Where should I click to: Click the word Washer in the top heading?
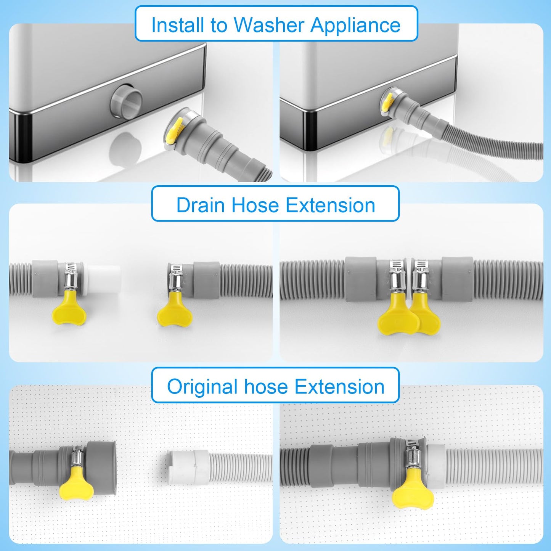click(268, 25)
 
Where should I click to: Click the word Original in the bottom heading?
click(202, 387)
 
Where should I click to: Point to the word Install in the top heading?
click(178, 25)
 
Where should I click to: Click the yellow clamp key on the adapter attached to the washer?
click(387, 101)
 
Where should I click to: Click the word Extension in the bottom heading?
click(339, 387)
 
